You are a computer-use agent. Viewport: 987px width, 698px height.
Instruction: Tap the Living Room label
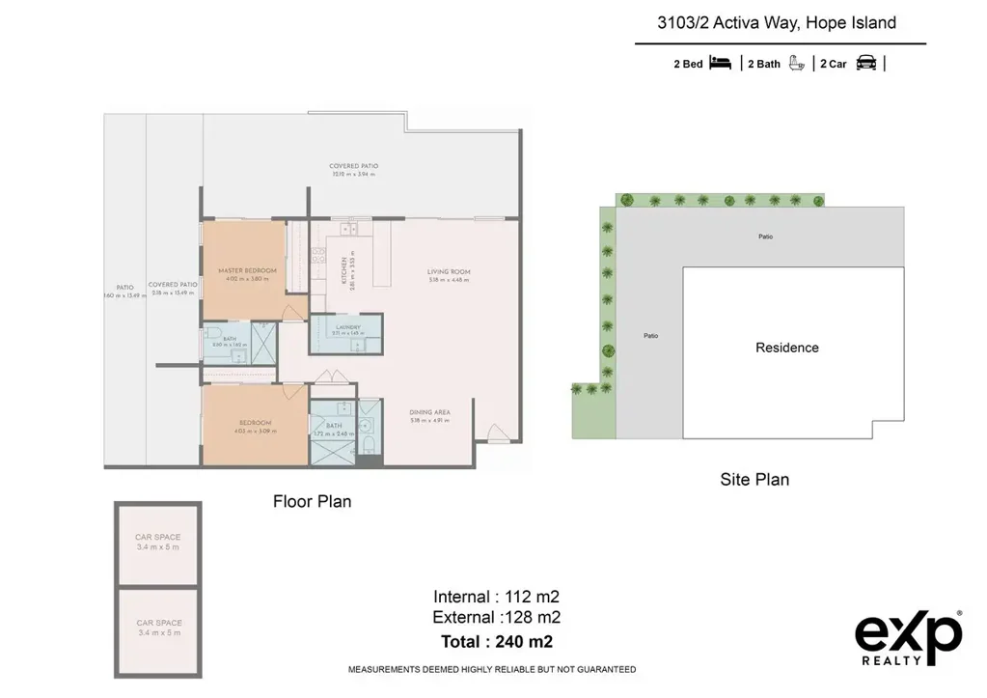pyautogui.click(x=449, y=272)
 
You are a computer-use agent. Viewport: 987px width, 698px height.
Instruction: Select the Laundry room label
pyautogui.click(x=348, y=327)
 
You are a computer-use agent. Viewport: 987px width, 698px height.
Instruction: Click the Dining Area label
pyautogui.click(x=430, y=413)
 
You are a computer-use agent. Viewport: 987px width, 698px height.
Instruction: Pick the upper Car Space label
pyautogui.click(x=157, y=538)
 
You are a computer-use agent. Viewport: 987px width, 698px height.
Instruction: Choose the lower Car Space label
pyautogui.click(x=157, y=623)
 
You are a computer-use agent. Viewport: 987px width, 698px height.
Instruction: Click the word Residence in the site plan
pyautogui.click(x=786, y=348)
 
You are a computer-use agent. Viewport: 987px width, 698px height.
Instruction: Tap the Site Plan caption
pyautogui.click(x=754, y=479)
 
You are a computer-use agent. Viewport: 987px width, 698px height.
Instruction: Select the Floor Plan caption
pyautogui.click(x=312, y=501)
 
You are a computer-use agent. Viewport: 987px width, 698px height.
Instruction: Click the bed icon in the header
pyautogui.click(x=721, y=64)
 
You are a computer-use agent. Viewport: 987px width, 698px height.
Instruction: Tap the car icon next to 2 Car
pyautogui.click(x=866, y=64)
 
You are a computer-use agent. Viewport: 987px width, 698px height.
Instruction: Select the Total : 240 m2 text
pyautogui.click(x=496, y=640)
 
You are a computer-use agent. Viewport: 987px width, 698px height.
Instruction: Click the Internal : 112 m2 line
pyautogui.click(x=496, y=596)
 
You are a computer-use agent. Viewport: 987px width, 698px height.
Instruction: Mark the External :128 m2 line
pyautogui.click(x=496, y=618)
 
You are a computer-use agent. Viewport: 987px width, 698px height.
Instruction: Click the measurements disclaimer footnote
pyautogui.click(x=491, y=669)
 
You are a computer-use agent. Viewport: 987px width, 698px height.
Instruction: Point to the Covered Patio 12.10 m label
pyautogui.click(x=354, y=166)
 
